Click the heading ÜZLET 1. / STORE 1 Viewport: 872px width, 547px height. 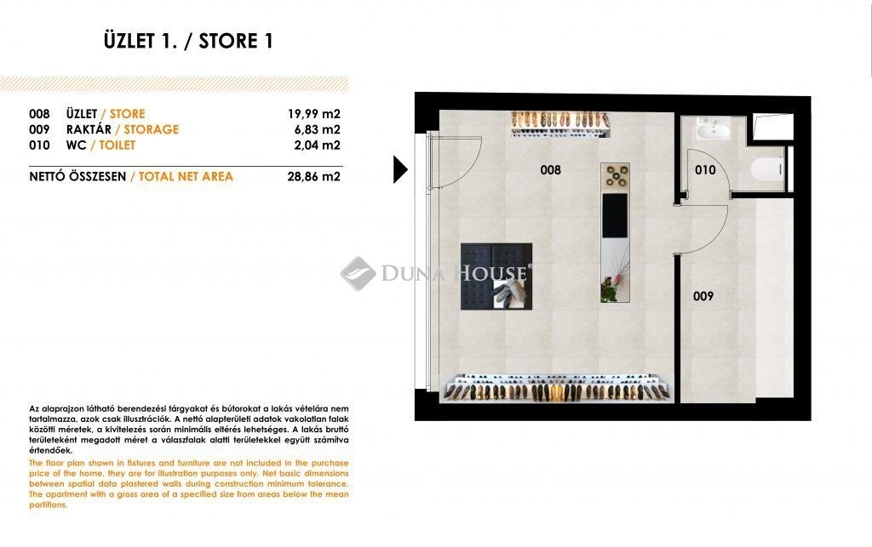(188, 41)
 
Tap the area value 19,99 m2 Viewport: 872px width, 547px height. (313, 114)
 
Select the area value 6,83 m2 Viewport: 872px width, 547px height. (317, 129)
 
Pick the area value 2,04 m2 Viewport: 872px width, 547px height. (317, 145)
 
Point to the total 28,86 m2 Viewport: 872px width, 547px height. (313, 177)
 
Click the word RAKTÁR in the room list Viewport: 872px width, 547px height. (89, 129)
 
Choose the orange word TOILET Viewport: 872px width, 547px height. (118, 145)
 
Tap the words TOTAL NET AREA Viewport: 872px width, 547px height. (186, 177)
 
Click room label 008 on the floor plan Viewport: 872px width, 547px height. (551, 170)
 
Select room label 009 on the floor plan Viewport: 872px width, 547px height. (703, 296)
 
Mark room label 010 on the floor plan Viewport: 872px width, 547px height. (705, 170)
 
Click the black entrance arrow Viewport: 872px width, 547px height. (400, 169)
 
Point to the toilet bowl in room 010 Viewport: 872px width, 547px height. (768, 168)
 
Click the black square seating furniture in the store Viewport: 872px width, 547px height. (496, 276)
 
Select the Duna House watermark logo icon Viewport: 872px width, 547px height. (358, 273)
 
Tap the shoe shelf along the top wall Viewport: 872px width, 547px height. (560, 124)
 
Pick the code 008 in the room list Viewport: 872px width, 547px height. (39, 114)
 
